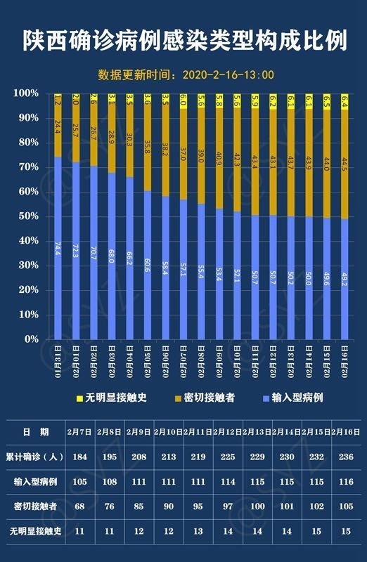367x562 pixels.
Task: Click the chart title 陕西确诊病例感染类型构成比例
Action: point(183,41)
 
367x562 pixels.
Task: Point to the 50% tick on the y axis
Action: point(28,216)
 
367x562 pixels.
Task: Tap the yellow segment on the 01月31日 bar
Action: point(58,99)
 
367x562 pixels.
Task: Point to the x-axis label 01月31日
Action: point(58,360)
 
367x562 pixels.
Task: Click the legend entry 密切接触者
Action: point(205,398)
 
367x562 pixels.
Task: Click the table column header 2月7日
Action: point(79,431)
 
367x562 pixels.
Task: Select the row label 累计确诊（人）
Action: point(34,457)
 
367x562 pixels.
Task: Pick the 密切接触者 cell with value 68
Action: point(79,506)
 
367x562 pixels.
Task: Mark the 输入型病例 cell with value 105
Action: point(79,481)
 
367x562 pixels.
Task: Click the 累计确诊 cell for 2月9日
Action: point(138,457)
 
